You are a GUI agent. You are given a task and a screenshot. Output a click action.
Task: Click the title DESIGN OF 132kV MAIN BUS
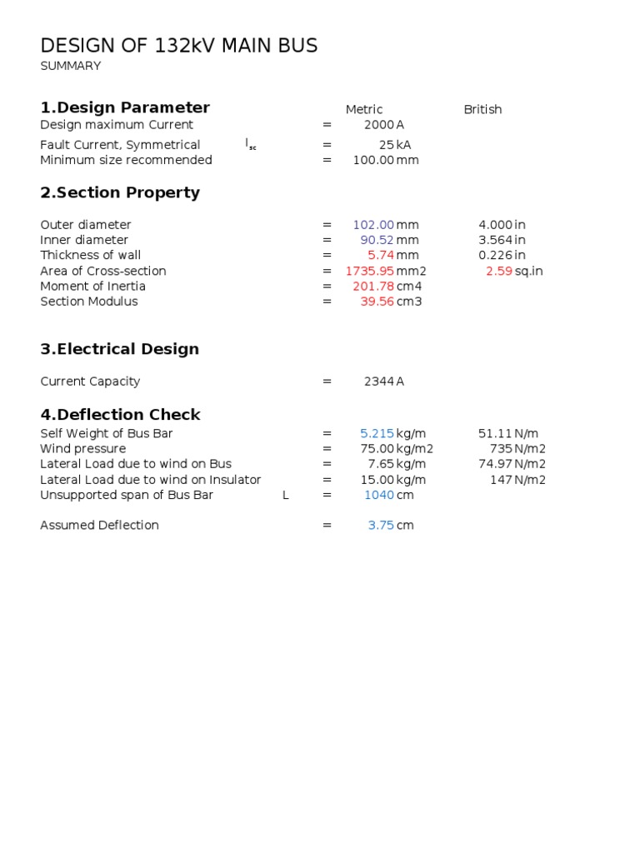179,46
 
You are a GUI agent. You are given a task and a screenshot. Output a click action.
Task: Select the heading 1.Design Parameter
125,107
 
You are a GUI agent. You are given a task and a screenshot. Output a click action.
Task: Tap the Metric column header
364,109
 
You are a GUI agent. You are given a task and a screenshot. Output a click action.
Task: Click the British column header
482,109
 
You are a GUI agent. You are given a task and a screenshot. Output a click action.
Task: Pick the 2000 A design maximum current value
383,125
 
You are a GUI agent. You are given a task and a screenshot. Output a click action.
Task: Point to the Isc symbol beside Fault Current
251,144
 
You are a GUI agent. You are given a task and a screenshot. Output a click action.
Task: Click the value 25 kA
394,145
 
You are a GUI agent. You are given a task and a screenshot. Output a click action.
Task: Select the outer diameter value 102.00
373,225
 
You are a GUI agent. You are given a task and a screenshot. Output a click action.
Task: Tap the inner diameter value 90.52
377,240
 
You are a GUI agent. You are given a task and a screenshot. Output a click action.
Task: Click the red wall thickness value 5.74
381,256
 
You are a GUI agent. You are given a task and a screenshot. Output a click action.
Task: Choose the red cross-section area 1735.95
369,271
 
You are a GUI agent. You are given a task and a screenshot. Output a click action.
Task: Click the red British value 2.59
499,271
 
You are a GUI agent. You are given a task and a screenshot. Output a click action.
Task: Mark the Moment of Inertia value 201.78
373,287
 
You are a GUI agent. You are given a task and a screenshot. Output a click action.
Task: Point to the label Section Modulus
89,302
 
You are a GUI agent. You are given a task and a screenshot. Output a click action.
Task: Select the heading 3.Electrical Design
120,349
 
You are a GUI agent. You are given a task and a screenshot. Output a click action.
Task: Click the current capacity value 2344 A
383,382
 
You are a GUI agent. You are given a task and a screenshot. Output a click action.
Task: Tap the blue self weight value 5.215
377,433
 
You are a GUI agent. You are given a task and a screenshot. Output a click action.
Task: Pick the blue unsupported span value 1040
379,495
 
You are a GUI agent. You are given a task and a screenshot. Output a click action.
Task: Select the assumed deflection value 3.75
381,526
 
